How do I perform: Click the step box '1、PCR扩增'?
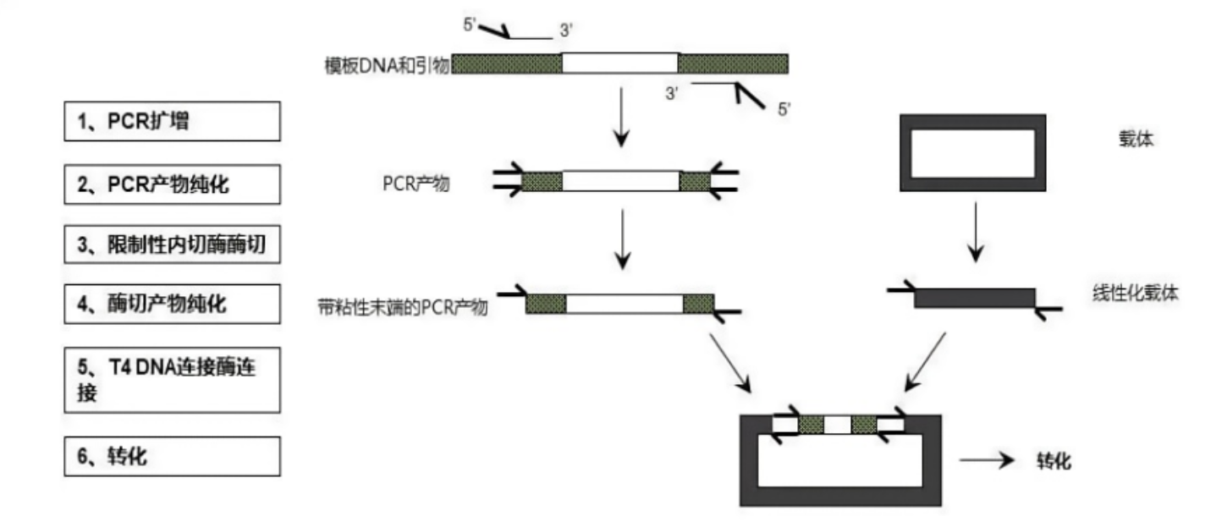pos(172,121)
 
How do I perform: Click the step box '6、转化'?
pos(172,456)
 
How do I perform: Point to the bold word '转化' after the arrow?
pos(1054,461)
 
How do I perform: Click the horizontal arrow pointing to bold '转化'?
pos(986,461)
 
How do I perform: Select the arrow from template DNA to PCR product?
pos(621,113)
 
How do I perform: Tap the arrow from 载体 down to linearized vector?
pos(975,229)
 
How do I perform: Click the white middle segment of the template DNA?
pos(619,63)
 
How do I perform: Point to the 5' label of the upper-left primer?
pos(471,23)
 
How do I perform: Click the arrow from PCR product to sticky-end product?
pos(622,237)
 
